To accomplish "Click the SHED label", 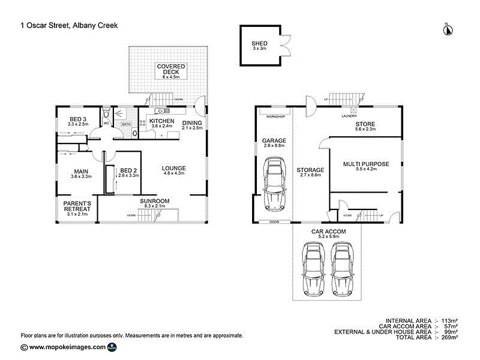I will point(259,44).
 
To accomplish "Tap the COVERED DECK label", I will point(172,69).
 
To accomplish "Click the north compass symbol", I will point(446,29).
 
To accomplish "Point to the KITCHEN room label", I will point(161,121).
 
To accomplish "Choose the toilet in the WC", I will point(106,113).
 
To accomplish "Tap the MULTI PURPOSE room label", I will point(366,164).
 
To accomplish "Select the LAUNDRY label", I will point(349,116).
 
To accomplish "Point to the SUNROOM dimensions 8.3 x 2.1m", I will point(155,206).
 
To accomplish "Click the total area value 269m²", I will point(449,338).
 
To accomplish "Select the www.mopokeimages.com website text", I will point(67,347).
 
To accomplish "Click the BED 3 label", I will point(79,118).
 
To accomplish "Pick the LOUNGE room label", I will point(174,168).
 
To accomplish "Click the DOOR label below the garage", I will point(275,221).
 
